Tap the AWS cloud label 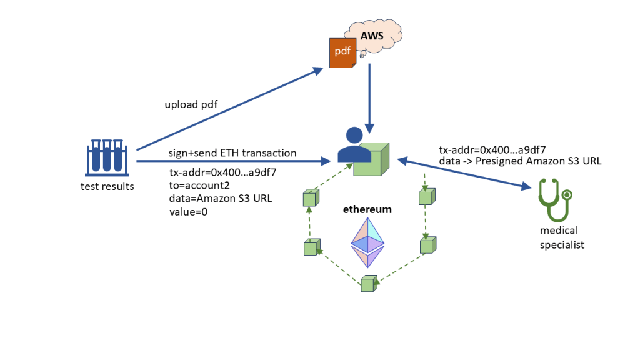pyautogui.click(x=372, y=37)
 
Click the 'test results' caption pyautogui.click(x=107, y=186)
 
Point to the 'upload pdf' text pyautogui.click(x=191, y=104)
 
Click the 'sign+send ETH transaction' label pyautogui.click(x=232, y=153)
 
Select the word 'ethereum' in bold pyautogui.click(x=367, y=209)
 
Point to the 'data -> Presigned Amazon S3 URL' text pyautogui.click(x=520, y=161)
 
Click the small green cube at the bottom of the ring pyautogui.click(x=369, y=284)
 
